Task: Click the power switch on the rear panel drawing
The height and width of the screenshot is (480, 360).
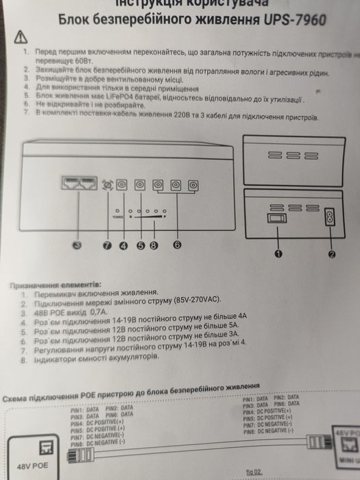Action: pyautogui.click(x=277, y=218)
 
